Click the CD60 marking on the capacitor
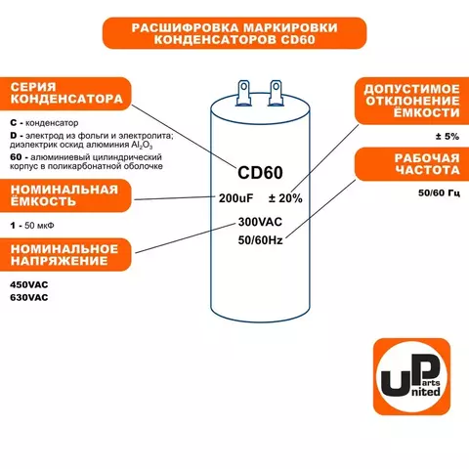point(260,173)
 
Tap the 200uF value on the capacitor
point(235,198)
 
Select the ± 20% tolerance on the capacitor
point(285,198)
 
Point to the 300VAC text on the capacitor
point(260,222)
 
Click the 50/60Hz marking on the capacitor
point(260,240)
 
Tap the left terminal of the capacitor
point(243,93)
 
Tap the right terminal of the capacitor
point(276,93)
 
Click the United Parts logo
point(411,376)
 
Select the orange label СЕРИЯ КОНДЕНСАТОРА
point(65,94)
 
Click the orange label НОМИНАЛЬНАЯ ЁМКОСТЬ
point(65,195)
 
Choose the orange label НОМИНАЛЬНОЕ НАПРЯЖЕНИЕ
point(65,255)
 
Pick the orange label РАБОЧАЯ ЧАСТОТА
point(411,164)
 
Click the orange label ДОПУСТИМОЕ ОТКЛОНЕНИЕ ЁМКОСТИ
point(411,101)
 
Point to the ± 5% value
point(448,136)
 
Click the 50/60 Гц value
point(439,192)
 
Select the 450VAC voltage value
point(29,284)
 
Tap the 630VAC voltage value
point(29,297)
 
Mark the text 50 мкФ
point(39,226)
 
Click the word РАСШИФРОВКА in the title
point(185,27)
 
